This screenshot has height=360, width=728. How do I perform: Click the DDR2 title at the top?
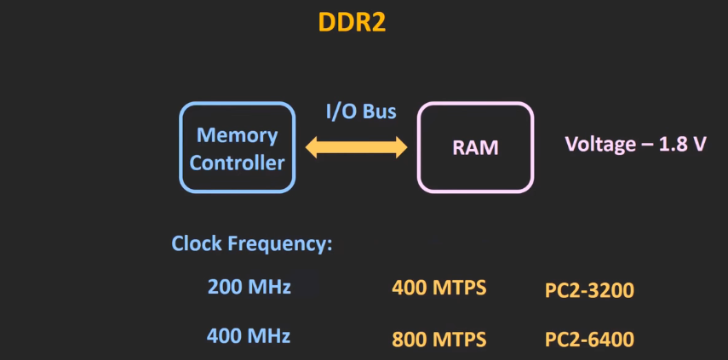[x=352, y=22]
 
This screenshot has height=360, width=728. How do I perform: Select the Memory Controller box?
[x=237, y=148]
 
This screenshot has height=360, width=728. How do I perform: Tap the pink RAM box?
[x=474, y=147]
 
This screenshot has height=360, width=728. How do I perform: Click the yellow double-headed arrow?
[x=357, y=148]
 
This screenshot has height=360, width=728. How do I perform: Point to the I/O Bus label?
[x=361, y=111]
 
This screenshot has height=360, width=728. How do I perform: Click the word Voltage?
[x=600, y=143]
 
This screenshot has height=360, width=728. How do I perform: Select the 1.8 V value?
[x=683, y=143]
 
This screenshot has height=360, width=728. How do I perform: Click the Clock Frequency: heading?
[x=251, y=243]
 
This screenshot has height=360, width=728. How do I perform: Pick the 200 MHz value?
[x=249, y=287]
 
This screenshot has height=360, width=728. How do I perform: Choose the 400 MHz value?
[x=249, y=335]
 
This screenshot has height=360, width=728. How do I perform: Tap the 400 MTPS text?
[x=439, y=288]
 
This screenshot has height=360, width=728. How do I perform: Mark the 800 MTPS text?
[x=439, y=339]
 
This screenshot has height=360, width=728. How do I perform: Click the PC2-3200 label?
[x=589, y=291]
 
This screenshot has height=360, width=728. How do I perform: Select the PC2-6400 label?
[x=589, y=340]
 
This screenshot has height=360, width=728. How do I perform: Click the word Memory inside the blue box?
[x=237, y=134]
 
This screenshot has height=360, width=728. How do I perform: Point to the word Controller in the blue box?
[x=237, y=163]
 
